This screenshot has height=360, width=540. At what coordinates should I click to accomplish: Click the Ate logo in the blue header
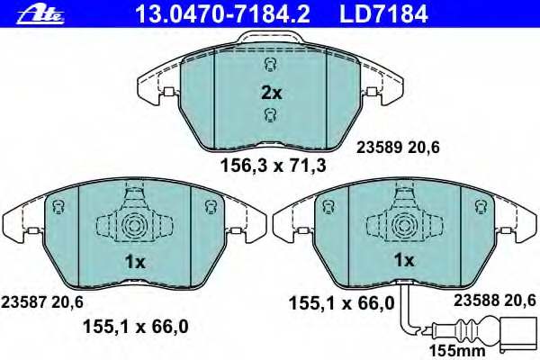pos(40,14)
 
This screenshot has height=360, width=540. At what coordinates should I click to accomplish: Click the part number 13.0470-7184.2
pos(222,14)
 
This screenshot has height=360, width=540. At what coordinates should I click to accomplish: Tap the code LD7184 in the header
pos(383,14)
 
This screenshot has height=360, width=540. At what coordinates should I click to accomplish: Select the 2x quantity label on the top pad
pos(272,93)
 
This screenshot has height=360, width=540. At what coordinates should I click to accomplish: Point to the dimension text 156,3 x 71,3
pos(273,166)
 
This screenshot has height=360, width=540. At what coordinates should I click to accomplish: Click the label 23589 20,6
pos(398,148)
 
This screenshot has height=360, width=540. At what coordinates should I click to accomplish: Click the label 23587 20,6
pos(42,302)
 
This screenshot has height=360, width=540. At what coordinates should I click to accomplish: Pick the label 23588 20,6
pos(494,301)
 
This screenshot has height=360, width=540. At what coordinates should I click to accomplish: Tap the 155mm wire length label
pos(457,351)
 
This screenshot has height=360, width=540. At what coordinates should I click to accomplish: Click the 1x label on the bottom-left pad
pos(135,263)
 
